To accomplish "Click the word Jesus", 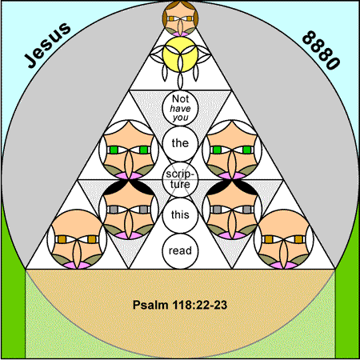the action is click(x=47, y=45).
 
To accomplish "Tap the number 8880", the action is click(x=321, y=50).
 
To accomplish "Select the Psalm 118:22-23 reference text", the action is click(x=180, y=305).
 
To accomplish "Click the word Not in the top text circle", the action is click(x=180, y=99).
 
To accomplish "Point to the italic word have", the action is click(x=180, y=109).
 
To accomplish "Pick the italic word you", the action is click(x=180, y=118).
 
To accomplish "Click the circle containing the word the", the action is click(x=180, y=143).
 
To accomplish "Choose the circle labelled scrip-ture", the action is click(x=180, y=179).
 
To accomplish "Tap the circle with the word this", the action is click(x=180, y=215).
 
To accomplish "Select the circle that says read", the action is click(x=180, y=251).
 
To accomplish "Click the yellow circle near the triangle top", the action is click(x=180, y=54).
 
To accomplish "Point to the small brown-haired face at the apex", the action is click(x=180, y=18).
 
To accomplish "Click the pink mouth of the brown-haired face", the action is click(x=180, y=34).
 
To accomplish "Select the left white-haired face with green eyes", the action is click(x=129, y=150).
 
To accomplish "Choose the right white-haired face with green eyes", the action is click(x=232, y=150).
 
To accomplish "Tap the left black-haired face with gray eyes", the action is click(x=129, y=209).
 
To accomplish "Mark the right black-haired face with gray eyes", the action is click(x=232, y=209).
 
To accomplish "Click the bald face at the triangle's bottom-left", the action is click(x=77, y=239).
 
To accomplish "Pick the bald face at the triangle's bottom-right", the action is click(x=284, y=239).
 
